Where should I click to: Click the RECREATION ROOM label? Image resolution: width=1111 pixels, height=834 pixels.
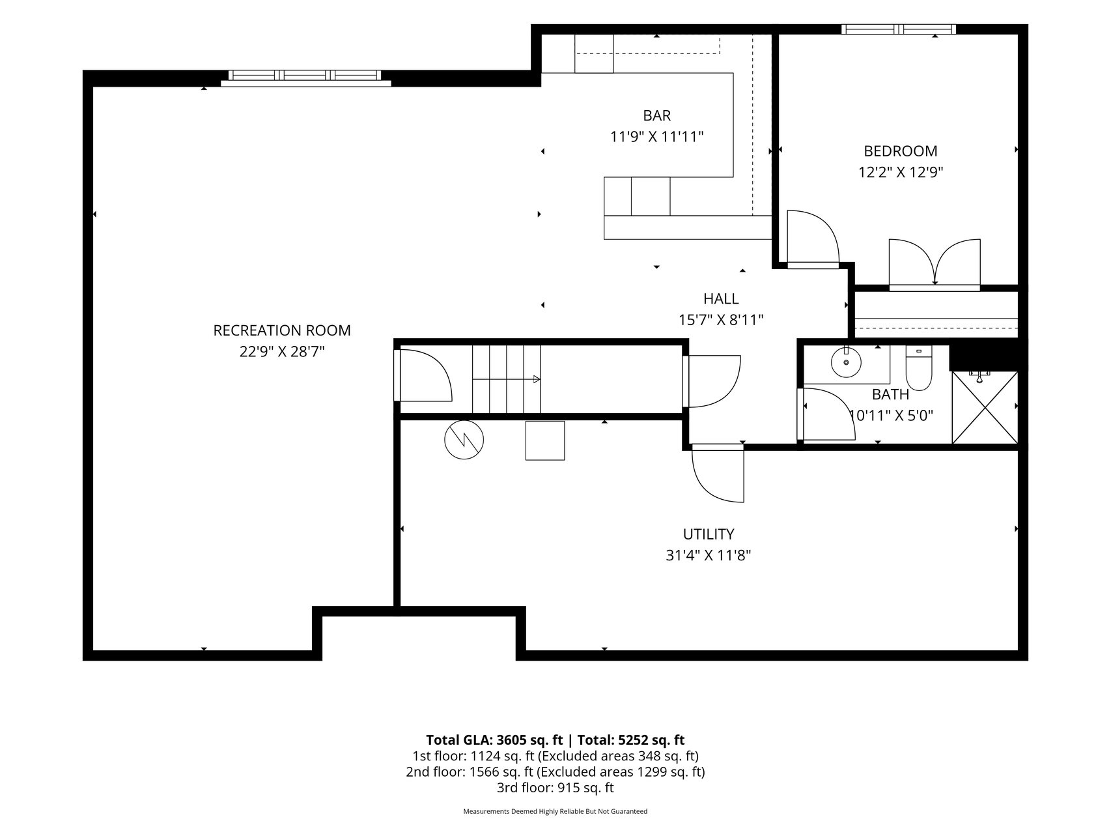pos(282,330)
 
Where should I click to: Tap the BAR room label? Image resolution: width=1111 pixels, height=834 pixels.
pos(657,115)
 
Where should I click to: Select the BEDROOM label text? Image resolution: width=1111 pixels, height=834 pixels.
pos(901,151)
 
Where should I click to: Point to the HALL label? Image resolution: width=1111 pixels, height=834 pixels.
pos(721,298)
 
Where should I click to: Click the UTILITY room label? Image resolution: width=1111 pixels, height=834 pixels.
pos(709,534)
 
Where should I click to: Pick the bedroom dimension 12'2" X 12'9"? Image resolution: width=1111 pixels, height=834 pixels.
pos(901,173)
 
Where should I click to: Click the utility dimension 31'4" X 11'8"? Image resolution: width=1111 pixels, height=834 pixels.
pos(709,556)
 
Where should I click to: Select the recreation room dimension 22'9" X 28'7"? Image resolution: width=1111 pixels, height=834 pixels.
pos(282,352)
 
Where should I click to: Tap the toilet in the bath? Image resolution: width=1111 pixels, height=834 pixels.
pos(919,367)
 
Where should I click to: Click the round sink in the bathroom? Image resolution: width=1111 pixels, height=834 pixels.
pos(846,362)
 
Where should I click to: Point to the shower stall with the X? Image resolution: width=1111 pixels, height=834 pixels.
pos(985,408)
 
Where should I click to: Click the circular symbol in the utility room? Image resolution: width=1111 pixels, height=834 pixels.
pos(464,440)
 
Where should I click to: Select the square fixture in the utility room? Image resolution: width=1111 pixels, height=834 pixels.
pos(545,440)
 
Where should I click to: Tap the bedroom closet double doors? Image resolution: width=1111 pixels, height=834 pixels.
pos(935,265)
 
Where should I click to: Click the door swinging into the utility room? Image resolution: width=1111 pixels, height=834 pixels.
pos(718,474)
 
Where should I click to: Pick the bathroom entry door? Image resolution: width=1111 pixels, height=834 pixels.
pos(826,414)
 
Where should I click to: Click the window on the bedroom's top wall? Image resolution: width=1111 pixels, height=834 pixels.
pos(899,29)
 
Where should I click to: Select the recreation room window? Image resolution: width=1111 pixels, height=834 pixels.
pos(305,77)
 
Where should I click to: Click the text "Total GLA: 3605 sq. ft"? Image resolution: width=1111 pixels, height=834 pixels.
pos(494,740)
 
